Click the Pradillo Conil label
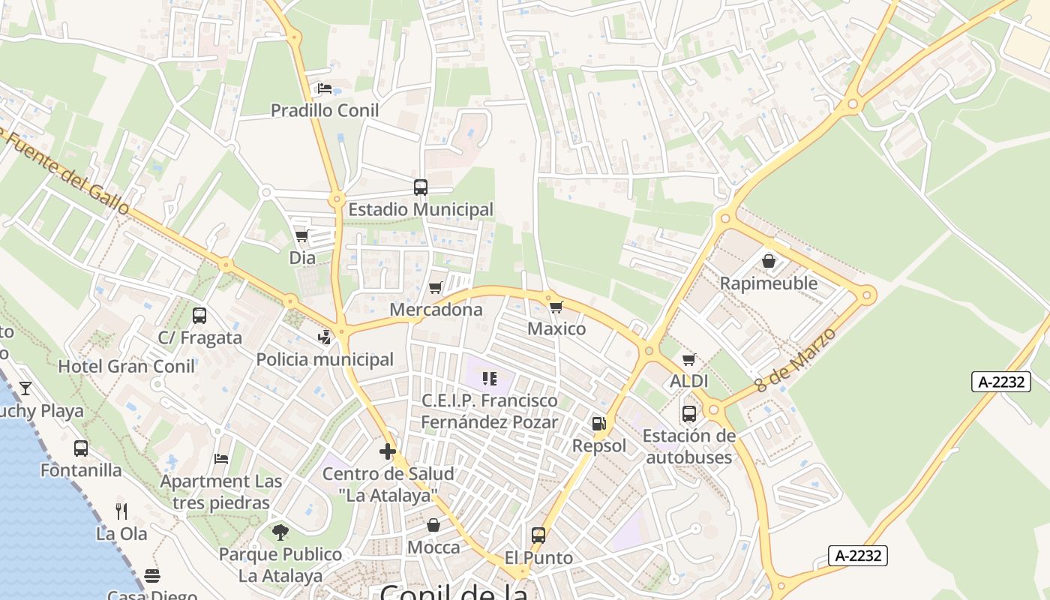(324, 110)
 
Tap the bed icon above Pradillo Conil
(324, 88)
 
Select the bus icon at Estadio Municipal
(421, 187)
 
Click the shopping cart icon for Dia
(302, 236)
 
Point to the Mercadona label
(436, 310)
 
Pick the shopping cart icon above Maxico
(556, 307)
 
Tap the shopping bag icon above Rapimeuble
(769, 261)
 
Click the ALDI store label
(688, 381)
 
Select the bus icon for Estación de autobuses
(688, 413)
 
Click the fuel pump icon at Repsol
(598, 424)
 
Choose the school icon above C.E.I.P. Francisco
(490, 379)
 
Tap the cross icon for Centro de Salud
(388, 451)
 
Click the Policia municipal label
(325, 359)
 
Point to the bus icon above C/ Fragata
(199, 316)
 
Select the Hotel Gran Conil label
(127, 367)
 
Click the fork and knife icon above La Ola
(121, 511)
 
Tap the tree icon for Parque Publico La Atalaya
(280, 532)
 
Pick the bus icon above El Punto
(538, 535)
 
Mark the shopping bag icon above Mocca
(433, 525)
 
